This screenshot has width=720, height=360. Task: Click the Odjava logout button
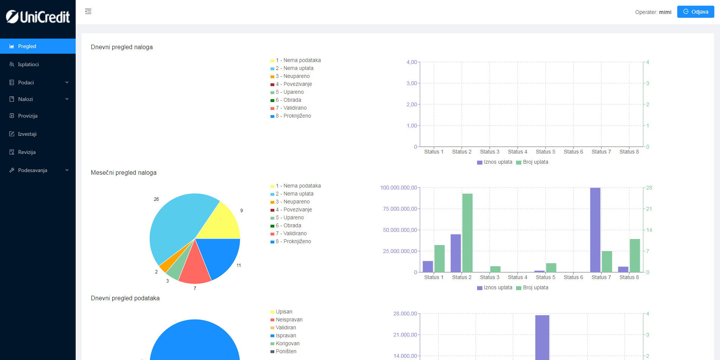695,12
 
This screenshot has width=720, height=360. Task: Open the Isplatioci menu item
28,64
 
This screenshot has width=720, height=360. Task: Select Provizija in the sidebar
28,116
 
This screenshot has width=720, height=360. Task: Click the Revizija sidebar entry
26,152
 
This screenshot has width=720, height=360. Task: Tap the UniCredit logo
38,17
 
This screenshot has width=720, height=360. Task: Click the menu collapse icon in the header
88,11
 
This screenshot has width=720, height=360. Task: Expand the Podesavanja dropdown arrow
67,170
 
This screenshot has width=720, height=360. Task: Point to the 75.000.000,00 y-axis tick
400,209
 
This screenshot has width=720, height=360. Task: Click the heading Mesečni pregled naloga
124,172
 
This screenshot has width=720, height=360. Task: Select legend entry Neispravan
289,320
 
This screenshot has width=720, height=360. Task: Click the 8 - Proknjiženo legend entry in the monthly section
293,241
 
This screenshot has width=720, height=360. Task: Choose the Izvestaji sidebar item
27,134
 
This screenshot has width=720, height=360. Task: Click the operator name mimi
665,12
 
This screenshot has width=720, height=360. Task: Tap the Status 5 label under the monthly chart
545,277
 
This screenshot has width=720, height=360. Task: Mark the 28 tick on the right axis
649,188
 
